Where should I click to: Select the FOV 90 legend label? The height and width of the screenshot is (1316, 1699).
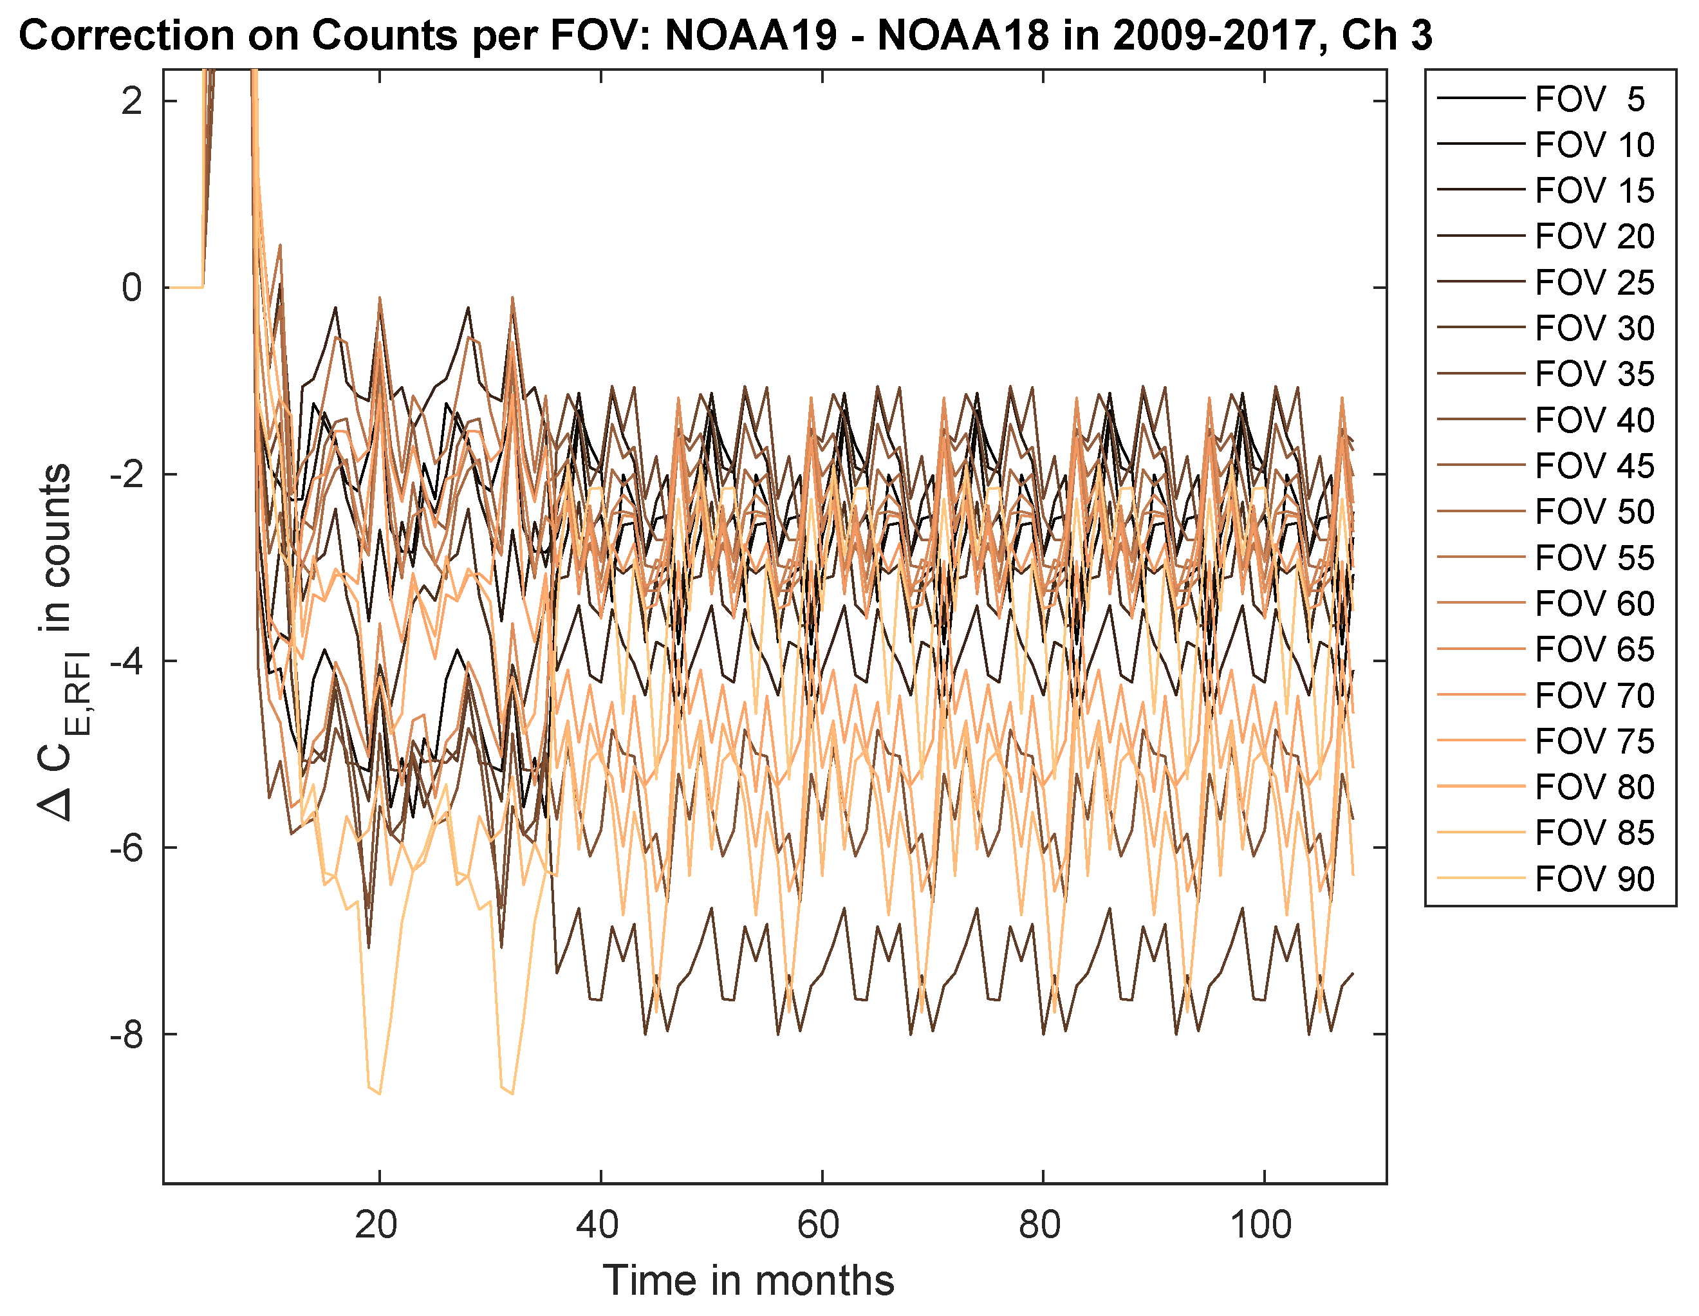pos(1594,880)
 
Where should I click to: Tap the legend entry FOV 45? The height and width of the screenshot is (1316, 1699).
pos(1594,467)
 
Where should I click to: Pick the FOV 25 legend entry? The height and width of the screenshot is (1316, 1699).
pos(1594,283)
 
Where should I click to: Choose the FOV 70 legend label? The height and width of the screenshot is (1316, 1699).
pos(1594,696)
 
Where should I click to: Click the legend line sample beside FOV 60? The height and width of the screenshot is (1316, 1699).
pos(1480,603)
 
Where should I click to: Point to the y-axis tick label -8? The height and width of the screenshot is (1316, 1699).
pos(126,1034)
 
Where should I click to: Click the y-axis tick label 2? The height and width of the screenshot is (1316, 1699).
pos(131,101)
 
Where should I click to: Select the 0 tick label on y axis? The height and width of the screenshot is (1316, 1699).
pos(131,288)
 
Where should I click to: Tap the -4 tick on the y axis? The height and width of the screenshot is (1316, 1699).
pos(126,661)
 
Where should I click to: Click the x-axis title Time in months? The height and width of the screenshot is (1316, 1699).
pos(748,1281)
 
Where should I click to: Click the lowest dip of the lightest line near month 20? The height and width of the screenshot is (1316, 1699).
pos(379,1093)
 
